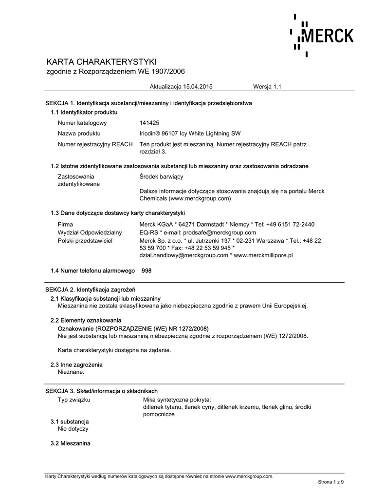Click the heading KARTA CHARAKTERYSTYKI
[x=101, y=62]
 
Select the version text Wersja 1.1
[x=267, y=87]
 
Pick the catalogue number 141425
[x=149, y=123]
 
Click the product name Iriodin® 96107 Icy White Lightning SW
[x=189, y=134]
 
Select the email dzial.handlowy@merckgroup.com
[x=183, y=255]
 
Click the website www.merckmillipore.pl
[x=263, y=255]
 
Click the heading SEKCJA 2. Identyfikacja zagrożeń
[x=90, y=290]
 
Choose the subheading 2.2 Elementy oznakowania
[x=86, y=320]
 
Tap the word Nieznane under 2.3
[x=71, y=372]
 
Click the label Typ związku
[x=74, y=400]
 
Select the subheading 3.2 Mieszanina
[x=71, y=443]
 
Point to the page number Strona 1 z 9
[x=331, y=482]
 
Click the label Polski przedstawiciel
[x=85, y=240]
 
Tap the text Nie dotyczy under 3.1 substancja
[x=73, y=429]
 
